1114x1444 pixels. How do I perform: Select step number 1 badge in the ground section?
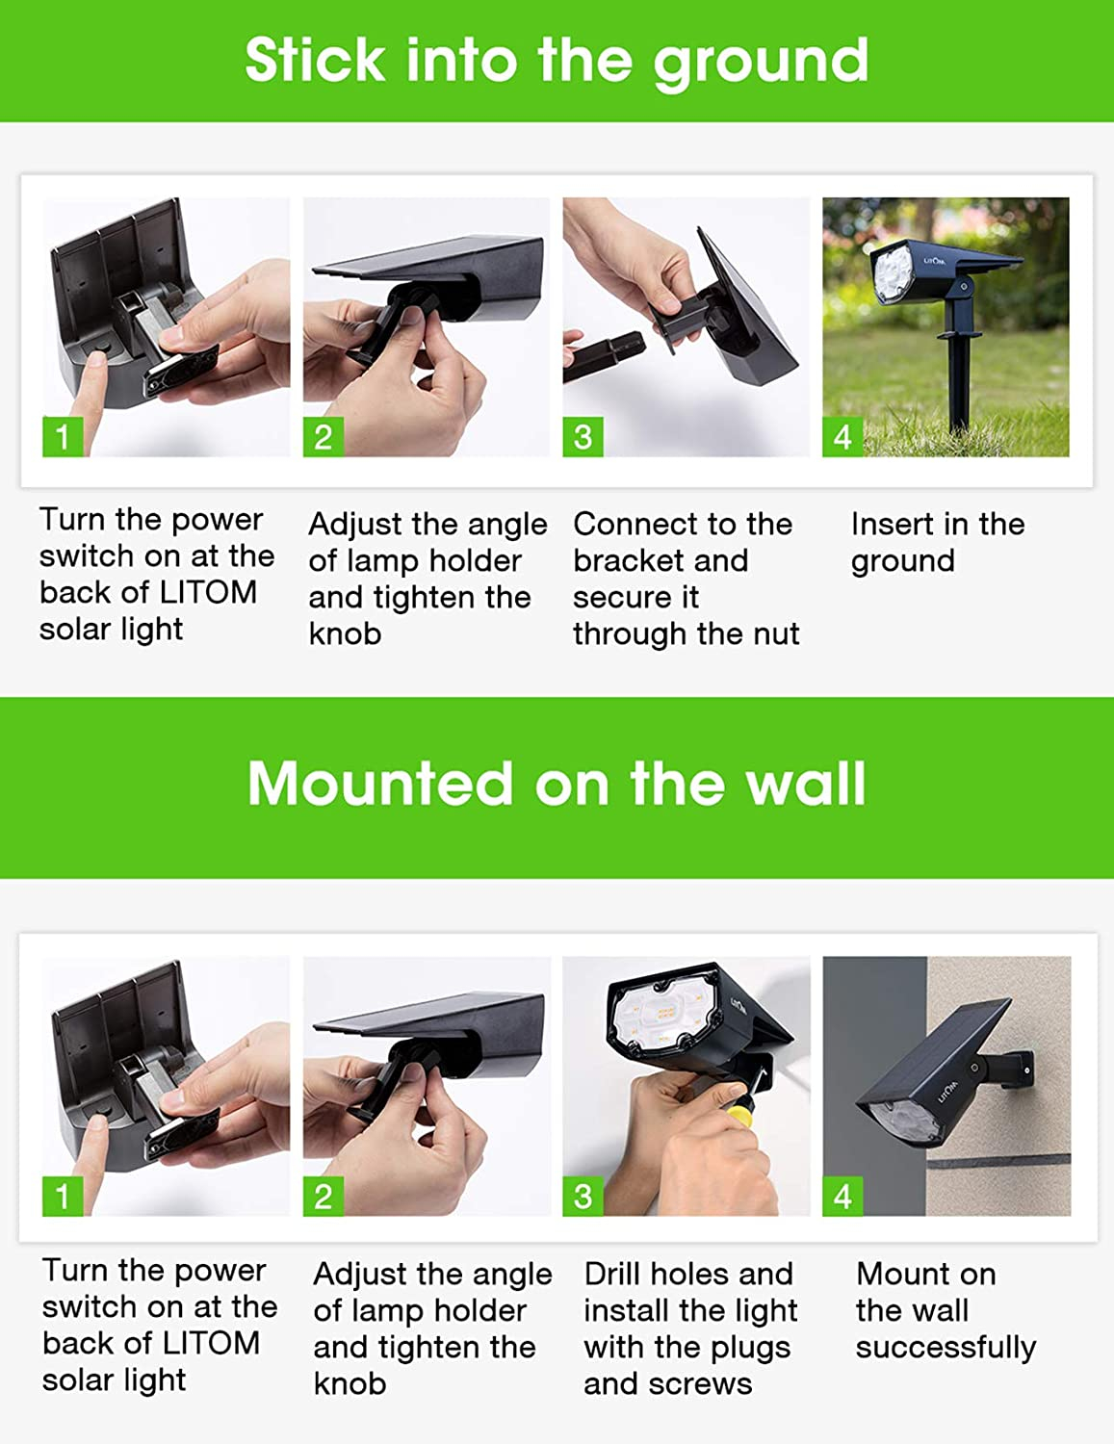[63, 437]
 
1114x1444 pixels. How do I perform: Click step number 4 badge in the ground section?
[842, 437]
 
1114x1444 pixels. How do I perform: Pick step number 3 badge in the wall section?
[583, 1197]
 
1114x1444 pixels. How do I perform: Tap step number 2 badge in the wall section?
[324, 1197]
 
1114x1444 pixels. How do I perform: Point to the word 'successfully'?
[946, 1348]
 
